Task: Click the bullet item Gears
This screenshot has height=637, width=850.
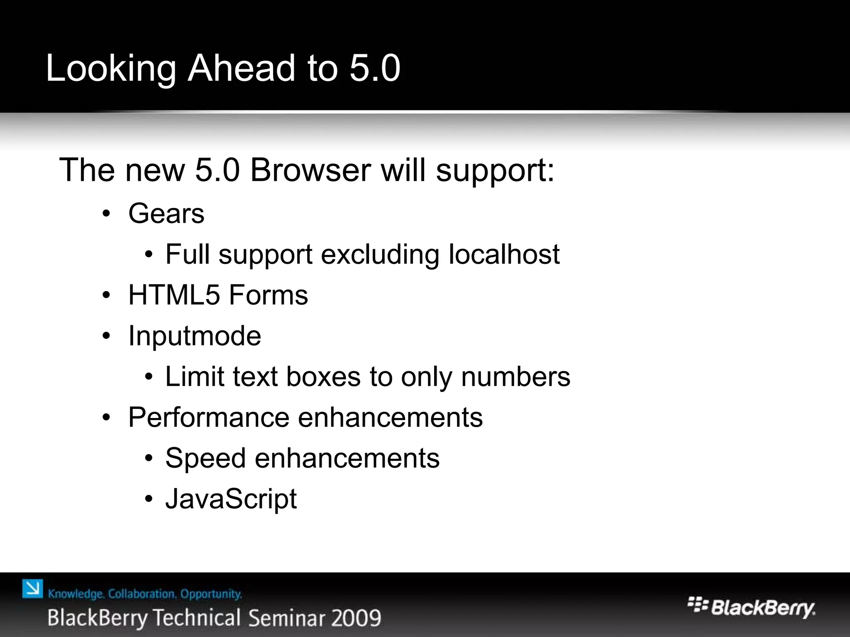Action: click(166, 214)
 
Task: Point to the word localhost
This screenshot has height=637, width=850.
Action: click(504, 254)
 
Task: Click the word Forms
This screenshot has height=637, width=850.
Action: click(268, 295)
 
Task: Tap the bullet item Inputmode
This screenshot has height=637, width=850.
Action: click(195, 336)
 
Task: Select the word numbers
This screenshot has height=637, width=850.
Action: click(515, 377)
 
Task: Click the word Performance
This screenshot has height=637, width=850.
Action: click(209, 417)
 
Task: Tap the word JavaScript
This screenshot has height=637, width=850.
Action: click(231, 499)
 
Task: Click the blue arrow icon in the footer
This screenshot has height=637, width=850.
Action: click(32, 588)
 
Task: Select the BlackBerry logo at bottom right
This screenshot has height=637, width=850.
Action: click(751, 608)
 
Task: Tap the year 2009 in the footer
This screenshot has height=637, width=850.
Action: click(356, 618)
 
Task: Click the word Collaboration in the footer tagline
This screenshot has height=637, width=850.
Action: click(141, 594)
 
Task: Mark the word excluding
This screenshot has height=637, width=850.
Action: click(380, 254)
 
